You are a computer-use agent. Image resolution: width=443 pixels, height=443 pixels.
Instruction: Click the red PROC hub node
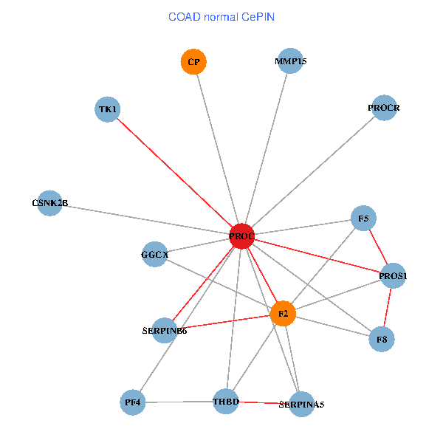point(241,236)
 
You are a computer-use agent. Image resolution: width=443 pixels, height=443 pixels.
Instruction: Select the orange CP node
point(193,61)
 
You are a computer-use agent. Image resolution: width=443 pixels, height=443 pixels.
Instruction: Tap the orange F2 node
point(283,314)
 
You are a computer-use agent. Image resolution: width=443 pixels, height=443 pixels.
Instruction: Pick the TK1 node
point(107,109)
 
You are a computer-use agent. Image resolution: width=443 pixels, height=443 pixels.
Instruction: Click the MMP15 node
point(290,61)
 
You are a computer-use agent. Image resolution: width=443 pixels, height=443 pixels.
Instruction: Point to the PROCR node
point(384,108)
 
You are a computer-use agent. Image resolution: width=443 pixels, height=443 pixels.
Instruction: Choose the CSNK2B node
point(49,203)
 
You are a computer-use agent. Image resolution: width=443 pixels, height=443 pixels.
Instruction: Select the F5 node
point(363,218)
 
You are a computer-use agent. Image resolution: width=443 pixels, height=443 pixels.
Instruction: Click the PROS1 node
point(393,275)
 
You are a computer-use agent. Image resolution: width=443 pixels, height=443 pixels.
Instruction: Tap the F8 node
point(382,339)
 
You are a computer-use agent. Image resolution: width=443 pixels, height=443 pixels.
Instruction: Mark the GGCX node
point(154,254)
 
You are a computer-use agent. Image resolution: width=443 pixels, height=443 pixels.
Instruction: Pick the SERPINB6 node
point(165,331)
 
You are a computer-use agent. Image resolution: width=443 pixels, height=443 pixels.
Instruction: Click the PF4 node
point(133,402)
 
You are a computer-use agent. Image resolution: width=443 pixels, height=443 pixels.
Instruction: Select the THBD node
point(226,402)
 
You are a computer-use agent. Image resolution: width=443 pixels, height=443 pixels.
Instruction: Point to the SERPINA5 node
point(302,405)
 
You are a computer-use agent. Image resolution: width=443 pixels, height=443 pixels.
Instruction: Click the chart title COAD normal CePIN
point(221,17)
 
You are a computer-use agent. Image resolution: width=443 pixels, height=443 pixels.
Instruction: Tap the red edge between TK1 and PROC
point(175,173)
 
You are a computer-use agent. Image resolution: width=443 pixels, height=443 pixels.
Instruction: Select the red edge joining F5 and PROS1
point(378,247)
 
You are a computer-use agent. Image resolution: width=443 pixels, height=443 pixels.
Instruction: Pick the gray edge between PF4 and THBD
point(179,402)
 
